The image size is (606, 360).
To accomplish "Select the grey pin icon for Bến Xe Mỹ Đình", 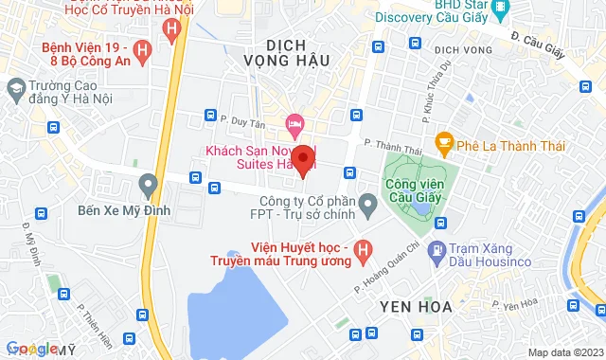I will pyautogui.click(x=148, y=183).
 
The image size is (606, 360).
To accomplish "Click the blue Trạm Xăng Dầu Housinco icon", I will pyautogui.click(x=436, y=250).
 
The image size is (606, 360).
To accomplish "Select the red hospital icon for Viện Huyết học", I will pyautogui.click(x=362, y=250).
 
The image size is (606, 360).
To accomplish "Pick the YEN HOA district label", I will pyautogui.click(x=416, y=307).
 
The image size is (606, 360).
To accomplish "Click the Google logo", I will pyautogui.click(x=31, y=348).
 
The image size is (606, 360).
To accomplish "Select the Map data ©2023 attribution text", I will pyautogui.click(x=565, y=352).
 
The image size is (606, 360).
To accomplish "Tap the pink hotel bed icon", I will pyautogui.click(x=294, y=123).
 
